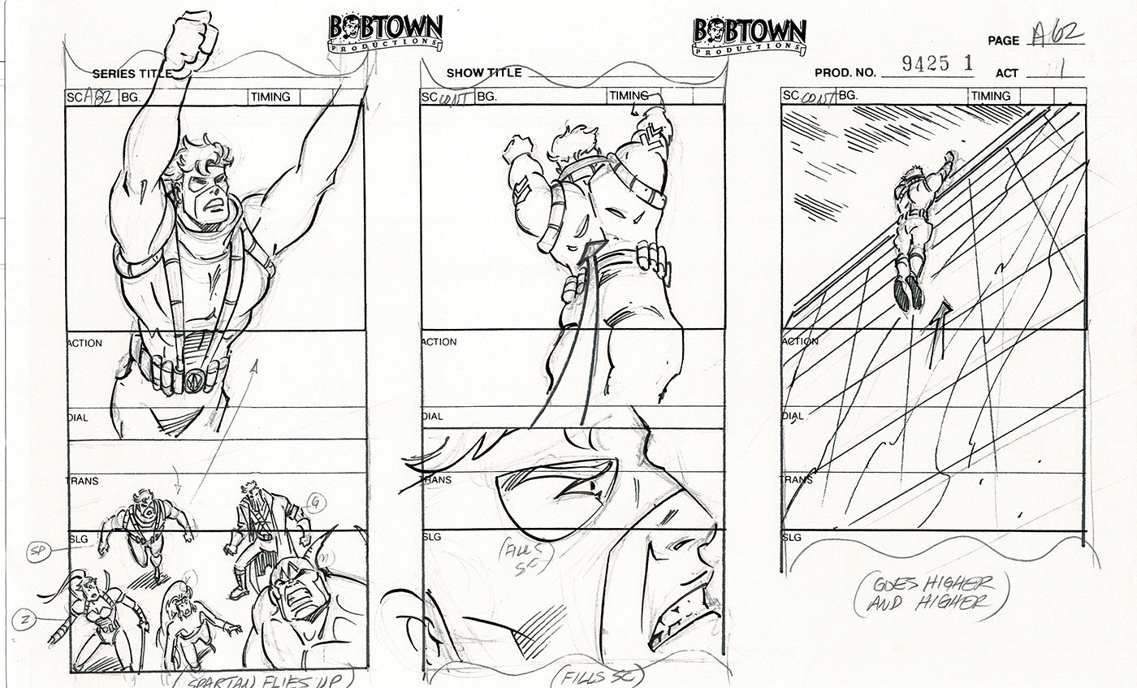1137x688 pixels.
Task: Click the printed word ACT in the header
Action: [x=1007, y=73]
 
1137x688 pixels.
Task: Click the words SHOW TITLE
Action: [x=484, y=72]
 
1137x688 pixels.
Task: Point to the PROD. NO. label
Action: [x=845, y=73]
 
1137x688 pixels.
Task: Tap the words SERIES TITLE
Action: [x=132, y=73]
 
